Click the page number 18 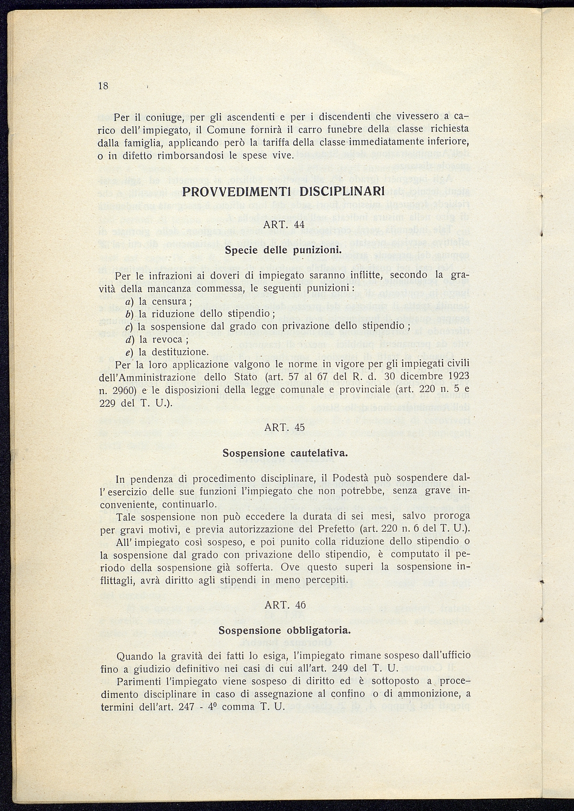pyautogui.click(x=103, y=86)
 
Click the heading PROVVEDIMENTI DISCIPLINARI pyautogui.click(x=283, y=192)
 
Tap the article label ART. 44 pyautogui.click(x=284, y=224)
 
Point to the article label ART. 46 pyautogui.click(x=285, y=605)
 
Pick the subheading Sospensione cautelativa pyautogui.click(x=285, y=454)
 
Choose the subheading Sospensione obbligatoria pyautogui.click(x=285, y=630)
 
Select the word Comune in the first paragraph pyautogui.click(x=227, y=129)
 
